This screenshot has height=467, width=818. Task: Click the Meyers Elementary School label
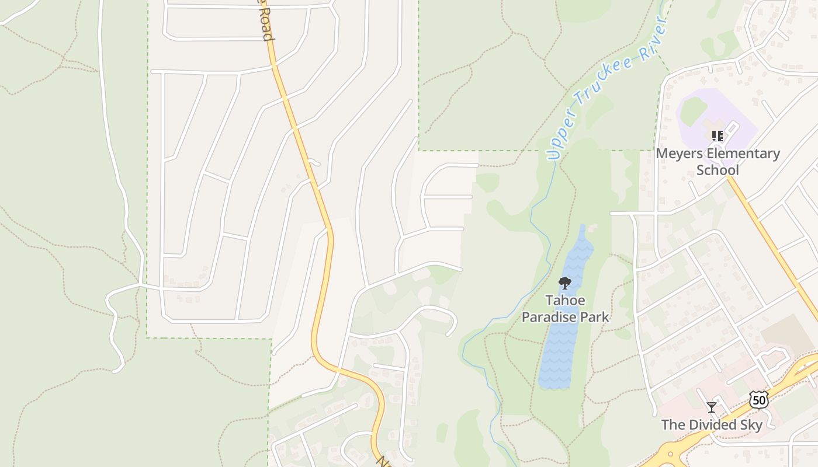(718, 162)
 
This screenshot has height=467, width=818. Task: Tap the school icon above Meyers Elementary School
(718, 136)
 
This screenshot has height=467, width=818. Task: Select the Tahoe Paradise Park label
(565, 309)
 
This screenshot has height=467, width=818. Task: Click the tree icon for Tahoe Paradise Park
(564, 284)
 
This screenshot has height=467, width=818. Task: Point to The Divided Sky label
(712, 424)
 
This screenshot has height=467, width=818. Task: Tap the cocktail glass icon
(711, 407)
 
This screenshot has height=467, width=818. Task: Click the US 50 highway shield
(758, 400)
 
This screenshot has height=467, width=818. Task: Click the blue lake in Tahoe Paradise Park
(561, 350)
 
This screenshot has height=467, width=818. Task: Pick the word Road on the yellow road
(266, 26)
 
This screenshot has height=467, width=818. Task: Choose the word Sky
(750, 424)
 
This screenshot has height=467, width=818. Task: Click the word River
(656, 36)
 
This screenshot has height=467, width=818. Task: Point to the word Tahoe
(564, 301)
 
